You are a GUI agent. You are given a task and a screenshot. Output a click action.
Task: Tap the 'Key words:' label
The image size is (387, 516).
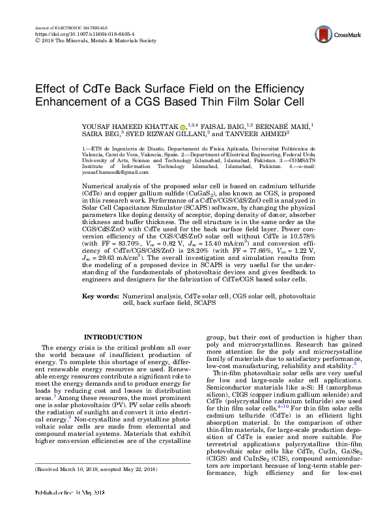tap(100, 296)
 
